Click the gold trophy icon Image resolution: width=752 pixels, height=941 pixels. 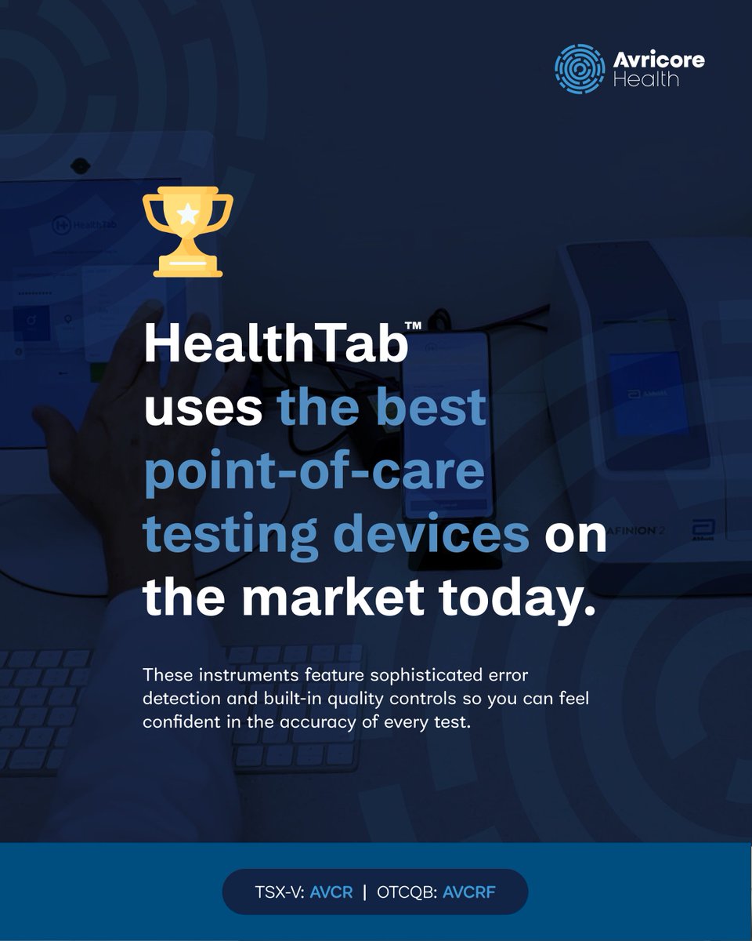(187, 234)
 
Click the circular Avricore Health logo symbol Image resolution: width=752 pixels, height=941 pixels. (580, 69)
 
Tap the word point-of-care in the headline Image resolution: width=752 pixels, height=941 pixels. (314, 472)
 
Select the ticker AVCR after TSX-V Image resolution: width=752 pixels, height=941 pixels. (331, 892)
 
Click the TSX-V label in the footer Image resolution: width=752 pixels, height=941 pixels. (277, 892)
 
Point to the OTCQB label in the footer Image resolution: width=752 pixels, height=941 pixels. (409, 892)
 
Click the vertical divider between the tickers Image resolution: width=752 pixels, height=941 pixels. (364, 892)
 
